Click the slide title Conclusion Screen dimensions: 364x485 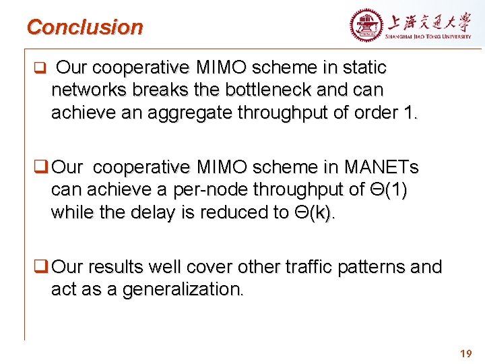click(85, 28)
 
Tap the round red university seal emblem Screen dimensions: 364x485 click(366, 26)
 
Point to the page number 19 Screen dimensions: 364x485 click(465, 353)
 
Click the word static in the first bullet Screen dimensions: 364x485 click(362, 67)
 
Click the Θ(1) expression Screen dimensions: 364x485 click(387, 189)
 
